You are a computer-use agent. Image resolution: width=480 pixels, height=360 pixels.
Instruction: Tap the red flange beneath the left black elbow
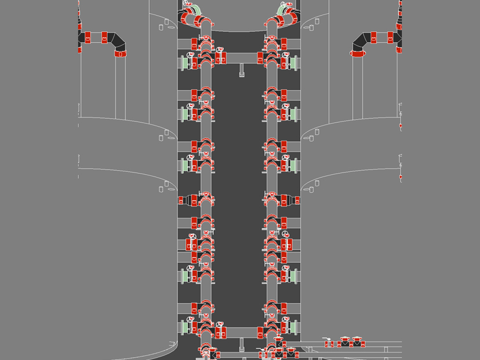120,54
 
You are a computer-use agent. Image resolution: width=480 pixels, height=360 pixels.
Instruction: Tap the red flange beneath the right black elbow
357,54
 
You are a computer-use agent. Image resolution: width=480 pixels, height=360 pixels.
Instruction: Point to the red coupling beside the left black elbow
105,38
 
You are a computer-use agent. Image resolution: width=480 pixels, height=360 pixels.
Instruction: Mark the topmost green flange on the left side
184,62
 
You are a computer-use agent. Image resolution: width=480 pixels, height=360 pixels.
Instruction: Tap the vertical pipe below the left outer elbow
120,87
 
